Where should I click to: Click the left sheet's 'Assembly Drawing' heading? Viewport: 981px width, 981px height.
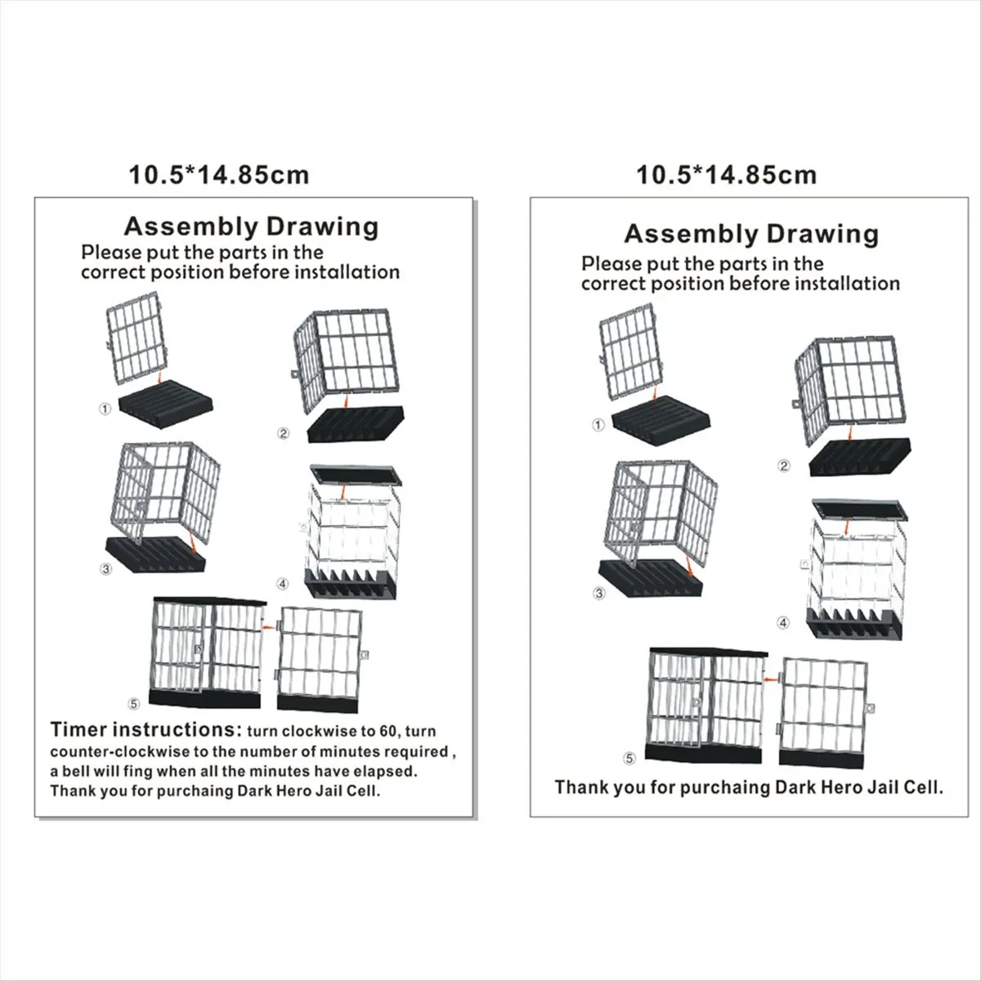[250, 226]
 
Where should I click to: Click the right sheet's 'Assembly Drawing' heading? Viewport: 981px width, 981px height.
[751, 235]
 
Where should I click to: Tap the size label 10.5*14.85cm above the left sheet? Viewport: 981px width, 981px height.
[219, 174]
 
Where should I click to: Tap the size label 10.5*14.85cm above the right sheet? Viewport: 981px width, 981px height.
[726, 174]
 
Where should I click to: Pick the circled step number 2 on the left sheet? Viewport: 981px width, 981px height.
[284, 433]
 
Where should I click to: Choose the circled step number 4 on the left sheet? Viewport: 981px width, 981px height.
[282, 584]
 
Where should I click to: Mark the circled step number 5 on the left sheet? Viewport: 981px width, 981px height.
[134, 702]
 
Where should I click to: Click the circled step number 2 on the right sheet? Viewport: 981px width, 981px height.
[784, 466]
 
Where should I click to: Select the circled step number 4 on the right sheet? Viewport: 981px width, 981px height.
[783, 623]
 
